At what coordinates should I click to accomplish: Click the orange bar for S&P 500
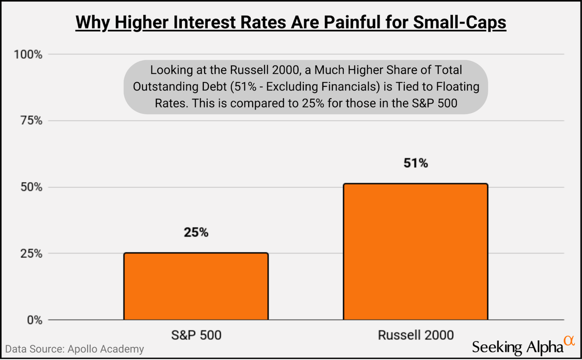[196, 286]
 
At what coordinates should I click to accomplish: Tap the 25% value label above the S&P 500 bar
[196, 232]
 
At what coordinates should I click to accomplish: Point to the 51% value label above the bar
[416, 163]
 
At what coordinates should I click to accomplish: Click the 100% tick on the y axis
[28, 55]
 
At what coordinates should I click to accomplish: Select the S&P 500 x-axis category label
[196, 335]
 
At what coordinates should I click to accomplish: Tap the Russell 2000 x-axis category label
[416, 335]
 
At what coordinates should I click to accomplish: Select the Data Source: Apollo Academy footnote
[75, 349]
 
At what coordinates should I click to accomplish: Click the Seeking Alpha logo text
[517, 347]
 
